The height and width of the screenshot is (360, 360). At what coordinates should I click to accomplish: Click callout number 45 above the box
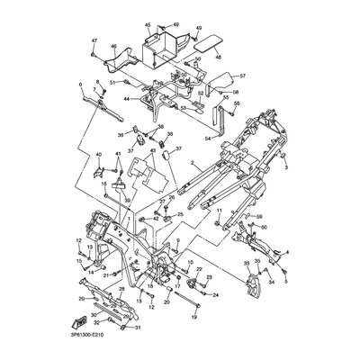click(x=148, y=26)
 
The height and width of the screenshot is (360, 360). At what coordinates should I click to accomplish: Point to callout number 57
click(x=242, y=76)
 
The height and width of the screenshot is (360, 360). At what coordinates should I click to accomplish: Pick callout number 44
click(x=127, y=98)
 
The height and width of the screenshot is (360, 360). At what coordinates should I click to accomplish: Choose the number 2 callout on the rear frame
click(x=192, y=165)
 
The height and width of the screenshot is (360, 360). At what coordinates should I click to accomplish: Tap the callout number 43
click(x=153, y=150)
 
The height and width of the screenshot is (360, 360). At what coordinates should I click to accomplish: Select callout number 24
click(x=215, y=294)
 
